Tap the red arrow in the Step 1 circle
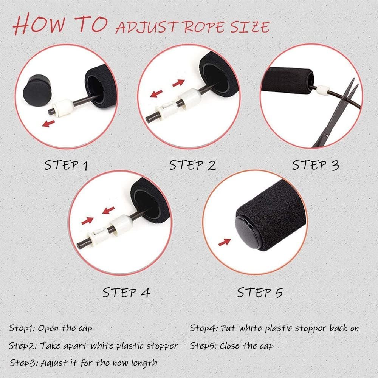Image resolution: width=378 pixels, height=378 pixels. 48,124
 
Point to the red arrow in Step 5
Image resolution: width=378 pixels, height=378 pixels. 225,242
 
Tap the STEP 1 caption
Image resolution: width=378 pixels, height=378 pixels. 66,165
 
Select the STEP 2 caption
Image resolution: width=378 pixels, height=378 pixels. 193,165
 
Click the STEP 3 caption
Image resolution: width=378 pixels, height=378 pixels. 316,165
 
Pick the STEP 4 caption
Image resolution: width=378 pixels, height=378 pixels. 126,293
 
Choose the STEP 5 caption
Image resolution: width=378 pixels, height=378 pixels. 260,293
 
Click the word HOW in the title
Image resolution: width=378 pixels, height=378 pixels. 39,24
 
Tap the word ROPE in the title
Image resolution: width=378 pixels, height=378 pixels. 204,27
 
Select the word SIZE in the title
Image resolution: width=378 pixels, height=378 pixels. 250,27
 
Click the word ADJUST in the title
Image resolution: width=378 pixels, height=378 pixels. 147,28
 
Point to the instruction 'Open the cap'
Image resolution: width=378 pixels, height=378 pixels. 65,328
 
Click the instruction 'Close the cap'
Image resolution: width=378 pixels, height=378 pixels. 246,346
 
